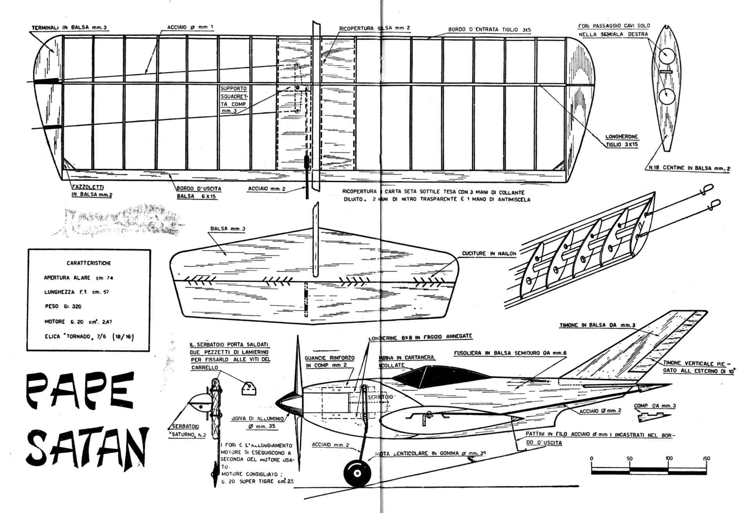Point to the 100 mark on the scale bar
click(x=669, y=458)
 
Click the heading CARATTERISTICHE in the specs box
click(x=89, y=263)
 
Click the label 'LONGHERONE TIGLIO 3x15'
click(x=622, y=140)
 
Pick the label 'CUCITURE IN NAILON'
click(x=489, y=254)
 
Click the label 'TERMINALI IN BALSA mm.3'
click(x=69, y=28)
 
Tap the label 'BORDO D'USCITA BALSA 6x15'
click(x=199, y=192)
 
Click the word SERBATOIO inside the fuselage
click(x=380, y=397)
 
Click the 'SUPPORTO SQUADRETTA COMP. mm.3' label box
click(x=234, y=100)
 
